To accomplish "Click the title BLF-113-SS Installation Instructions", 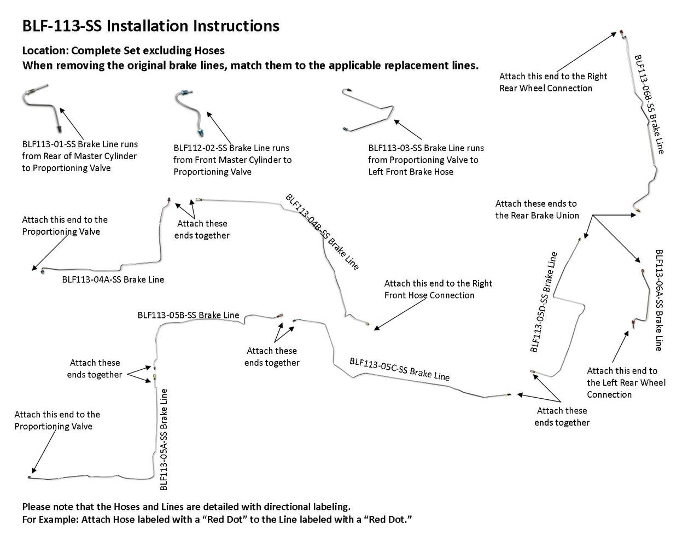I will point(150,26).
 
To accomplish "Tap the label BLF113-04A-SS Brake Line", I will point(113,280).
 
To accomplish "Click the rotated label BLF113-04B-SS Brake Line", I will point(322,232).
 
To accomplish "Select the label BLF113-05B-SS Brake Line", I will point(188,315).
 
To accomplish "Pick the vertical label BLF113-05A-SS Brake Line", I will point(164,439).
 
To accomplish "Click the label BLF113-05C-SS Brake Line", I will point(399,369).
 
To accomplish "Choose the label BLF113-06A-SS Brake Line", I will point(659,300).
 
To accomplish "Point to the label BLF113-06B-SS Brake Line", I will point(649,104).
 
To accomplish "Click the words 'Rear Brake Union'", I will point(537,216).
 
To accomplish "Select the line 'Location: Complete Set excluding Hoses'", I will point(123,51).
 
